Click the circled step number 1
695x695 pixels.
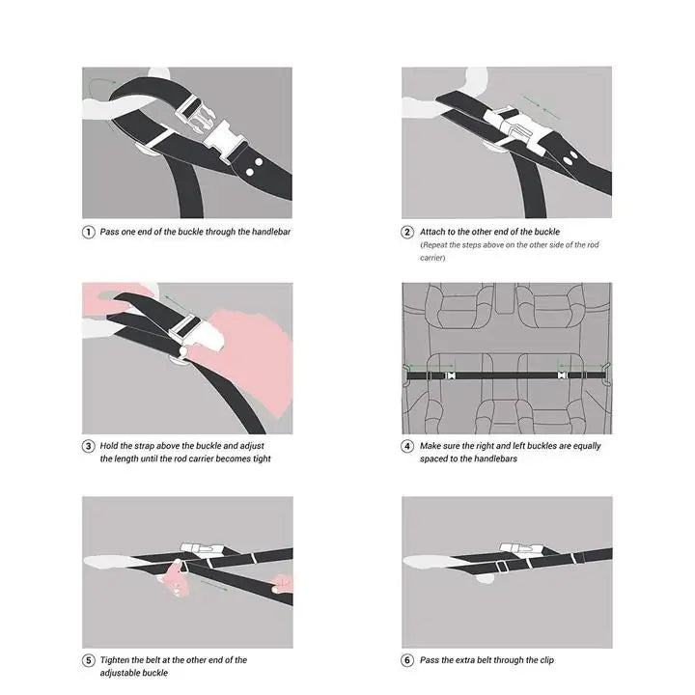coord(89,232)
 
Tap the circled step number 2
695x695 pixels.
coord(408,232)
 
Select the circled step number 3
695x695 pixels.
coord(89,446)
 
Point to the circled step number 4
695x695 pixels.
coord(408,446)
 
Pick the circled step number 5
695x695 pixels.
coord(89,660)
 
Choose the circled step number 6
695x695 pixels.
coord(408,660)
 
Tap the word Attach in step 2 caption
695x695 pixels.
coord(432,232)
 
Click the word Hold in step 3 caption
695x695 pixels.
coord(112,446)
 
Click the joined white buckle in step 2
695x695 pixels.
coord(509,126)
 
